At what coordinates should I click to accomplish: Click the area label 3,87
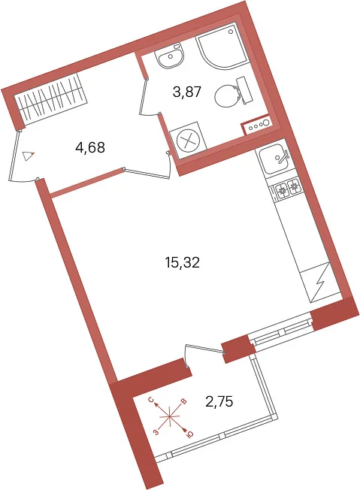[186, 92]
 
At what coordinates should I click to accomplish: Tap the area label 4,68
[90, 147]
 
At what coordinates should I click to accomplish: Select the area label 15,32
[182, 262]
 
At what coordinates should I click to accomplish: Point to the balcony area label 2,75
[219, 401]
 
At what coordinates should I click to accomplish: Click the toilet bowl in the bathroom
[234, 92]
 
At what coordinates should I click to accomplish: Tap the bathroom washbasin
[171, 56]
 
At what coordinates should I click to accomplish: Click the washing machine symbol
[188, 140]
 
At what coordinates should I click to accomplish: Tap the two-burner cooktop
[288, 189]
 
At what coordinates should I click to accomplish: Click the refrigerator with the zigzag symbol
[319, 282]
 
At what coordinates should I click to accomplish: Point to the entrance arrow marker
[28, 156]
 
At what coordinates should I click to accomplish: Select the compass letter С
[150, 400]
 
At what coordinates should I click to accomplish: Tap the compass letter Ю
[189, 434]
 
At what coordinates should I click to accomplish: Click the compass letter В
[184, 401]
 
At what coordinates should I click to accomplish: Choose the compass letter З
[156, 432]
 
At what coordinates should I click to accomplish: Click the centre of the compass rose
[169, 416]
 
